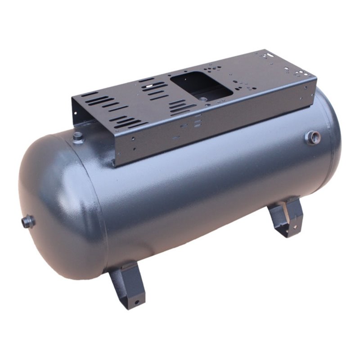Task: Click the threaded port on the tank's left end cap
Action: [x=28, y=221]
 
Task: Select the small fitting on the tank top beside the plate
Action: [x=78, y=136]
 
